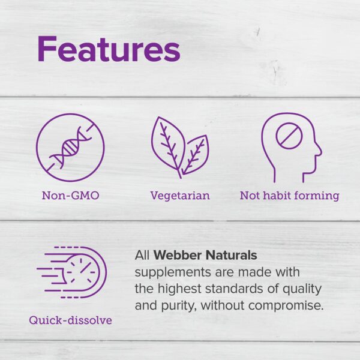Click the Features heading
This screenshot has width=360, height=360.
coord(108,49)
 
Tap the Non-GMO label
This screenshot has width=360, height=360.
coord(70,196)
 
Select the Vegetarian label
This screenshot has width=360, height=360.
coord(180,196)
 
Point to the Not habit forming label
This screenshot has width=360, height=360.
coord(289,196)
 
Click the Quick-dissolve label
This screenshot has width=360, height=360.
coord(71,320)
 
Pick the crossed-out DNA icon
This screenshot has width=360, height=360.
coord(70,148)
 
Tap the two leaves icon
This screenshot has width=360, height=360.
coord(179,148)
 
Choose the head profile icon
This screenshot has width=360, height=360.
coord(290,148)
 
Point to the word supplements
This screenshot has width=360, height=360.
coord(172,272)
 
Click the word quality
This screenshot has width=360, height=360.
coord(305,289)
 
